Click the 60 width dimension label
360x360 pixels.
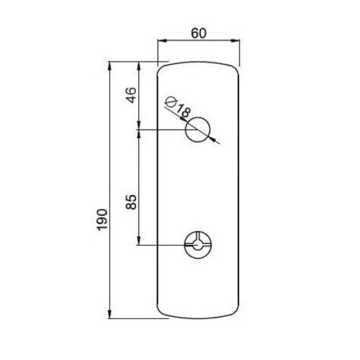(198, 33)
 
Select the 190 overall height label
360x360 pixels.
(102, 219)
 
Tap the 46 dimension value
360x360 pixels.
(132, 95)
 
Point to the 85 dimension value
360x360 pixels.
(132, 202)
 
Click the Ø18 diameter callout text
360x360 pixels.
(178, 107)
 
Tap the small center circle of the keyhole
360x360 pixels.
(197, 245)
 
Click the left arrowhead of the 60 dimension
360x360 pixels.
(162, 41)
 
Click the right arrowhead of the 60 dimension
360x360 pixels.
(236, 41)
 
